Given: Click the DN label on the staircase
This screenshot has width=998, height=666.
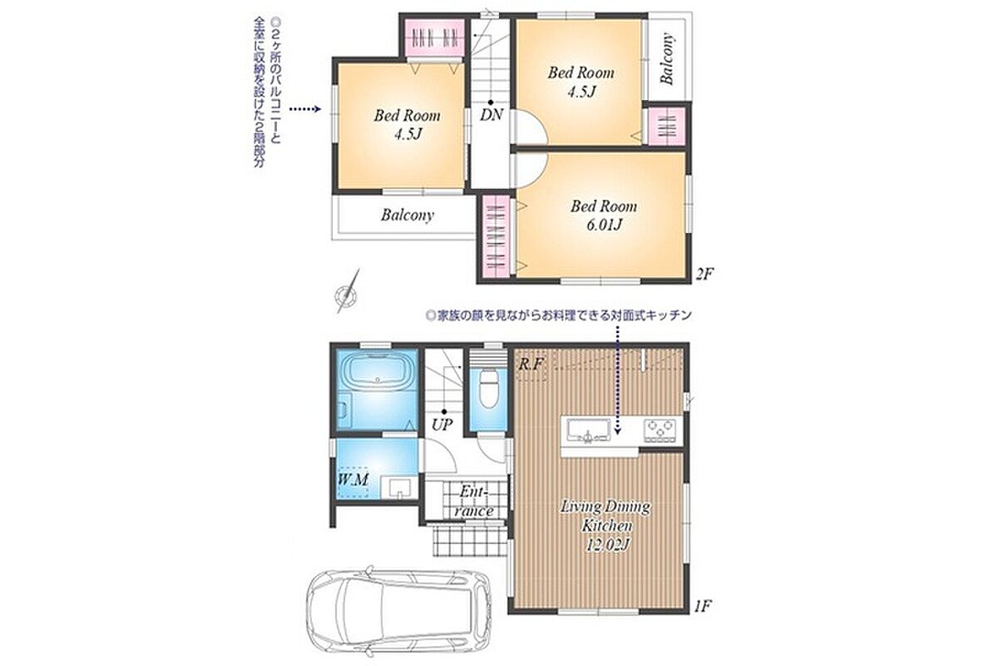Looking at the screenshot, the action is click(x=492, y=115).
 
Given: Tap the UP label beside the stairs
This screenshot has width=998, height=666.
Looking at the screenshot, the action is click(x=442, y=425).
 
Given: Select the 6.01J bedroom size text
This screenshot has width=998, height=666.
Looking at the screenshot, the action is click(x=604, y=225).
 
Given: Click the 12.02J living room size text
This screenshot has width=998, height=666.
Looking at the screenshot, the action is click(x=606, y=544).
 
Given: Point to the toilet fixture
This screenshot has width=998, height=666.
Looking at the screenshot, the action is click(x=488, y=389).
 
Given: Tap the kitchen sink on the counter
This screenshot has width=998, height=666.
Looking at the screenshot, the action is click(x=589, y=431).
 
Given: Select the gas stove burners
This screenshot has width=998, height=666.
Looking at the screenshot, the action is click(x=660, y=430).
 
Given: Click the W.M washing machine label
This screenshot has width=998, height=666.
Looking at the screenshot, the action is click(x=353, y=480).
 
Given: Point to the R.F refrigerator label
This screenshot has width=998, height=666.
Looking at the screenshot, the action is click(x=531, y=365).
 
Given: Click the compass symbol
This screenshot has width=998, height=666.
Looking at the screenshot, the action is click(x=347, y=294).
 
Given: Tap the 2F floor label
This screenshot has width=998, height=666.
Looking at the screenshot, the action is click(x=704, y=273).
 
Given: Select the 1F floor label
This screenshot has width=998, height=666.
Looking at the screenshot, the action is click(x=702, y=606).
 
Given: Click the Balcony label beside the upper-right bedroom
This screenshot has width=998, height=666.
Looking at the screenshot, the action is click(x=667, y=58).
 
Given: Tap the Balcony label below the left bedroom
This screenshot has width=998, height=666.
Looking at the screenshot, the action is click(x=408, y=216).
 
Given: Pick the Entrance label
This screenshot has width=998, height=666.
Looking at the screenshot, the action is click(x=473, y=502).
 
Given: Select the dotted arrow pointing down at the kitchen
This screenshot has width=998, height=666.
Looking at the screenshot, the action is click(x=617, y=379).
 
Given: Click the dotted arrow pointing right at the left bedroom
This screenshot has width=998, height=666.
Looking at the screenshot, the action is click(x=305, y=109).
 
